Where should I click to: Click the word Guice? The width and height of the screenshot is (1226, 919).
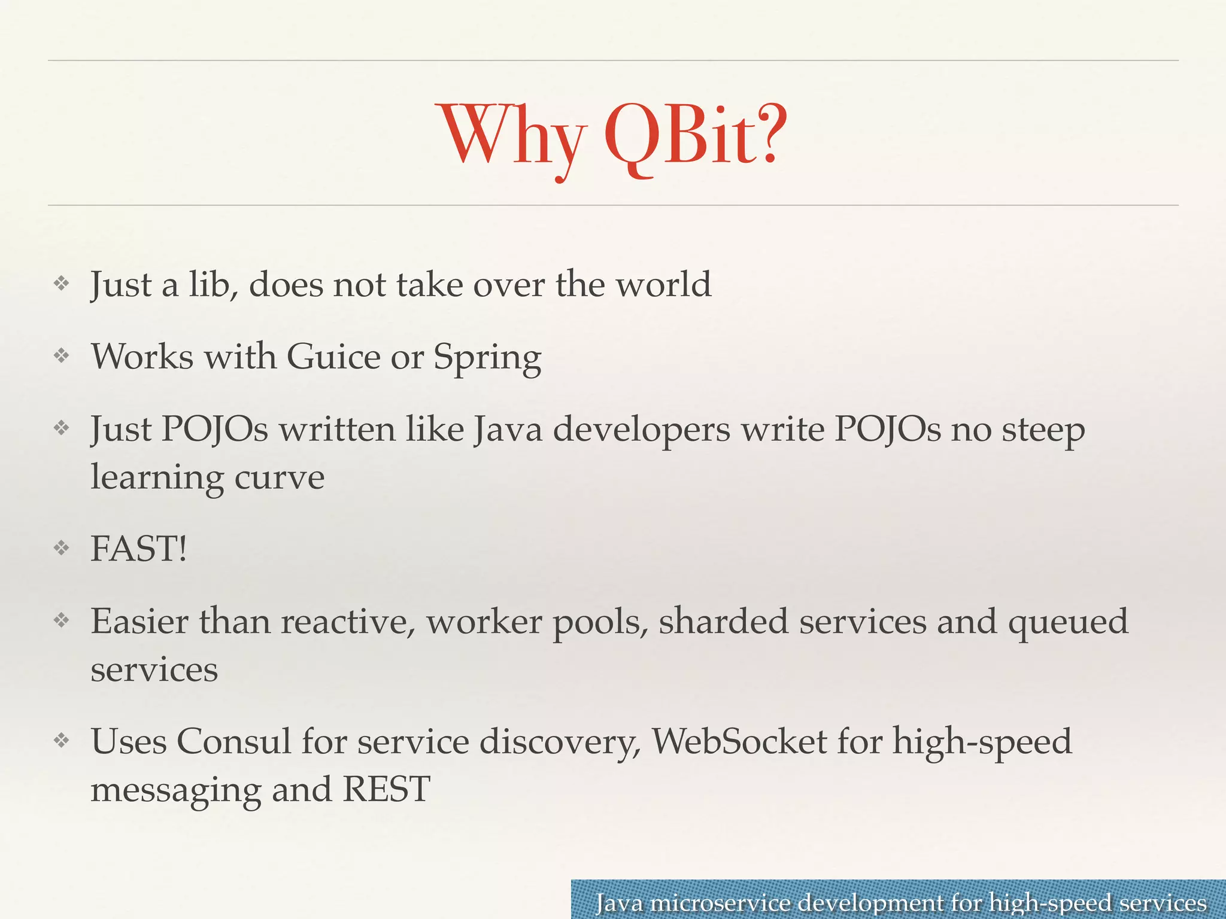(x=333, y=357)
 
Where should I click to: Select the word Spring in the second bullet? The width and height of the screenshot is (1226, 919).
(x=487, y=358)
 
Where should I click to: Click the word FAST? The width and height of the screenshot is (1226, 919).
(x=138, y=549)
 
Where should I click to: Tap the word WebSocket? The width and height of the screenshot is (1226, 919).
(x=739, y=742)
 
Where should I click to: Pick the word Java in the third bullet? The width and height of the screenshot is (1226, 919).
(x=508, y=430)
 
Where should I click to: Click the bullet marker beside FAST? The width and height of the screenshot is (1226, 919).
(x=62, y=548)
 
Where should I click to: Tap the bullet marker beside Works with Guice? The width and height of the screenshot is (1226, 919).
(x=62, y=357)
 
